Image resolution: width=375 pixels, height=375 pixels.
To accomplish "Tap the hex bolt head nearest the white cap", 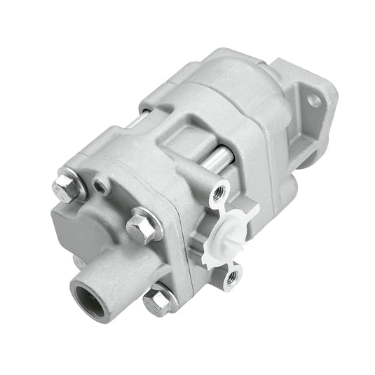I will pyautogui.click(x=145, y=226).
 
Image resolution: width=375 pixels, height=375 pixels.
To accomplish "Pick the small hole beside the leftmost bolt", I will pyautogui.click(x=103, y=185).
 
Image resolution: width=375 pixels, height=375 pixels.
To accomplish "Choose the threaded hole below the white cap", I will pyautogui.click(x=231, y=280).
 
